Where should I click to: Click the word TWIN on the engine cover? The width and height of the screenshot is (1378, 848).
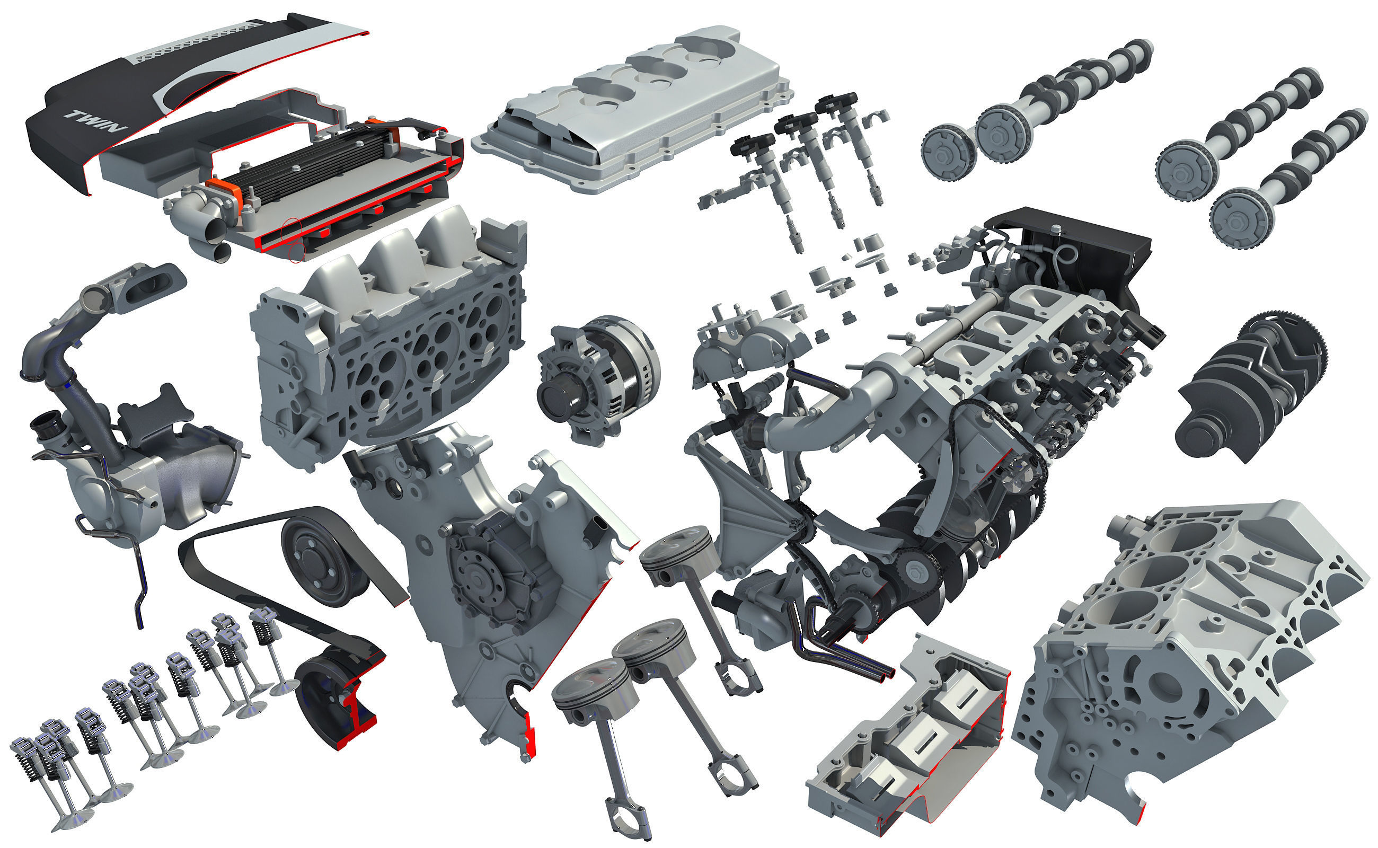coord(96,121)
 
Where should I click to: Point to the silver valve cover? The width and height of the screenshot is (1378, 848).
coord(634,107)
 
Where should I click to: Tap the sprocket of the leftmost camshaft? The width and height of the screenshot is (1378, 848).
coord(948,152)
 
